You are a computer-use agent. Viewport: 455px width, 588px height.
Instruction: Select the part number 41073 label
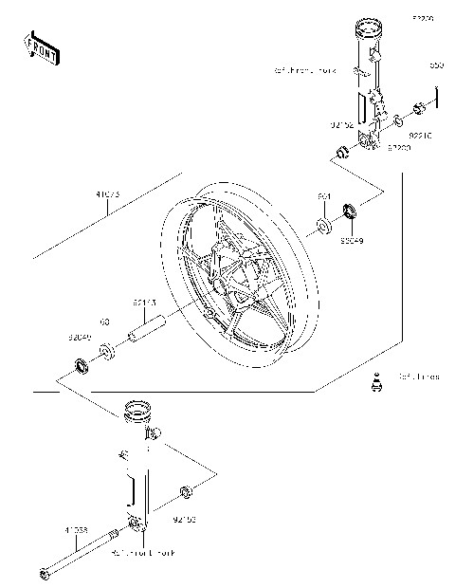tap(107, 196)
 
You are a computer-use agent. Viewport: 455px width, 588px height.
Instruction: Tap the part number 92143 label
tap(144, 303)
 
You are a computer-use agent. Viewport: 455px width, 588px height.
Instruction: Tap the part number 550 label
tap(436, 65)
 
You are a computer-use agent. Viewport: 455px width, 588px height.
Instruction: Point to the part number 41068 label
tap(77, 529)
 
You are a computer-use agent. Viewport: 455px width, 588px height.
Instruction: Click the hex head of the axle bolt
tap(44, 573)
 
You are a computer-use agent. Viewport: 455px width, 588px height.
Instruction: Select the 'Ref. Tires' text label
tap(418, 377)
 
